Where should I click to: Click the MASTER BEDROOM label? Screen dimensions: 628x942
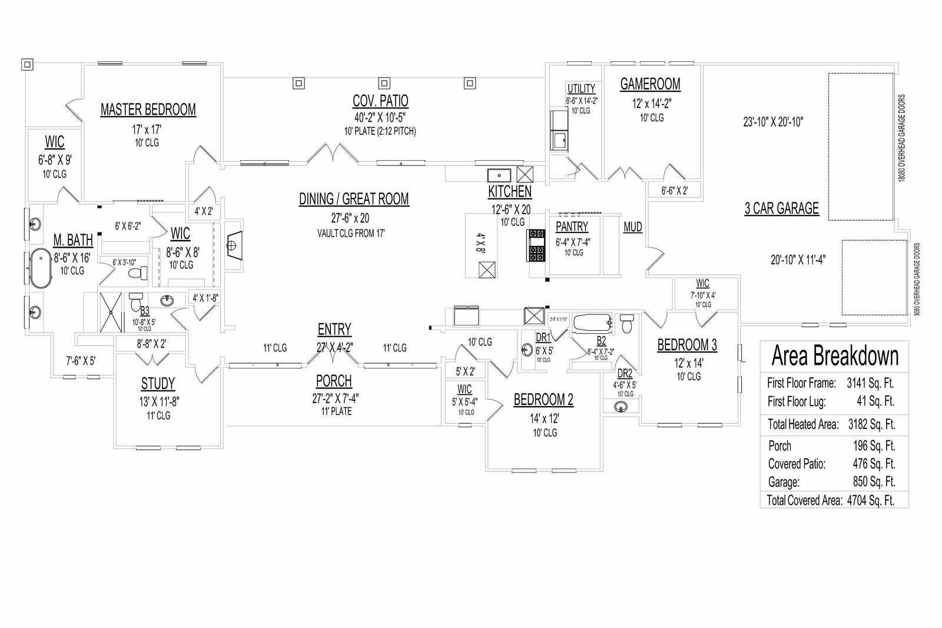pos(148,109)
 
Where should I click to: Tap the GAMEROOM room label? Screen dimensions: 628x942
pos(650,84)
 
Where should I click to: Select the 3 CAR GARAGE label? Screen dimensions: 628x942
pos(781,208)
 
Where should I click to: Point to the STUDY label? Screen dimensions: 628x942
pos(158,384)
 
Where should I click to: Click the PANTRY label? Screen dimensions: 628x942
pos(572,227)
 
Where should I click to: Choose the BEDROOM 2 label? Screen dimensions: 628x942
pos(543,400)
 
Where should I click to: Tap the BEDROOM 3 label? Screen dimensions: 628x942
pos(687,344)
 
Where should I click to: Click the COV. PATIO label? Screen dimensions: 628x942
pos(380,101)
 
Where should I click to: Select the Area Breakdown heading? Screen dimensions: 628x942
pos(835,356)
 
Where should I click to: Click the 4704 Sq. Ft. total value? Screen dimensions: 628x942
pos(870,501)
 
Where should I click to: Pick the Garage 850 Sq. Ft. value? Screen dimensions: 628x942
pos(874,482)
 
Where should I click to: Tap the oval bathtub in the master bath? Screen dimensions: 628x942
pos(41,268)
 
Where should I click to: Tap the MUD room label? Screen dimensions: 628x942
pos(633,227)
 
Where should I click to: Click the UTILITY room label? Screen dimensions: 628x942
pos(581,89)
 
